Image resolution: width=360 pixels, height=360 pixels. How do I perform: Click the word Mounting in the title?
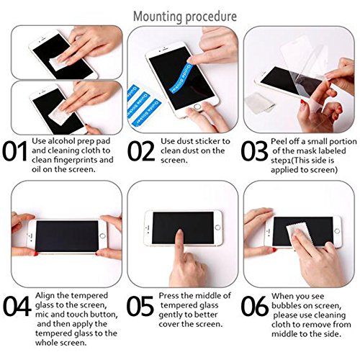click(158, 17)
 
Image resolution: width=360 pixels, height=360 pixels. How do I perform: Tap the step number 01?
click(15, 151)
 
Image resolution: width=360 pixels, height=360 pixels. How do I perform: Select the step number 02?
click(141, 151)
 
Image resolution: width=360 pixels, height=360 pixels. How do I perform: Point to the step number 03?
click(254, 151)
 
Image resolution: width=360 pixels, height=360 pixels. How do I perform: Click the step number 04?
click(17, 306)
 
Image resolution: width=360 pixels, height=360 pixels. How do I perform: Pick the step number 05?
click(140, 306)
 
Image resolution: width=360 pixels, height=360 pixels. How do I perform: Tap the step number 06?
click(255, 306)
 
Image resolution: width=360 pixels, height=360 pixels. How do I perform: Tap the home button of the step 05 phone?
click(217, 228)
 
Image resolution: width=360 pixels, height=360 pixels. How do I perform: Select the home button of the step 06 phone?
click(337, 231)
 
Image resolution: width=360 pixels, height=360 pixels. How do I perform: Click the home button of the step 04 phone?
click(102, 235)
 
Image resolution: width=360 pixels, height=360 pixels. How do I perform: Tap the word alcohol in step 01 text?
click(61, 141)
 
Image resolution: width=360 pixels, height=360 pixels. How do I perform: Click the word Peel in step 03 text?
click(279, 141)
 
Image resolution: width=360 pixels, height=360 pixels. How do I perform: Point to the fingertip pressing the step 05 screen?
click(179, 233)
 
